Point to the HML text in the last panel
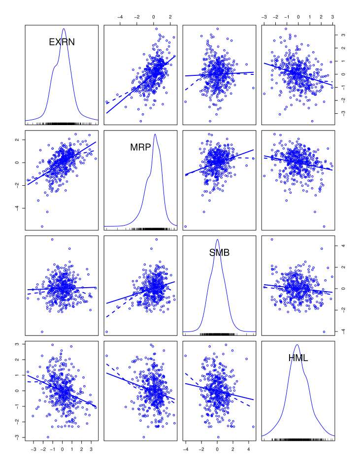click(298, 359)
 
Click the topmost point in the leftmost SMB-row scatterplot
click(52, 239)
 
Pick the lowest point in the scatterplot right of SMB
click(324, 332)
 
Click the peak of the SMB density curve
click(218, 239)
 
